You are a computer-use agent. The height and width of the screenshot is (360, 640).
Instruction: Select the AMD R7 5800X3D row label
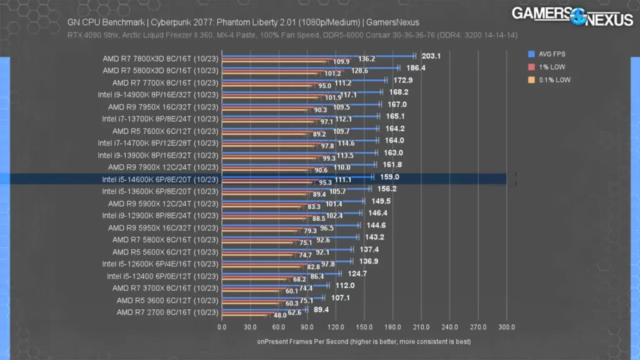[161, 70]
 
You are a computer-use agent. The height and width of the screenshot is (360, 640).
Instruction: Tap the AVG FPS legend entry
[552, 54]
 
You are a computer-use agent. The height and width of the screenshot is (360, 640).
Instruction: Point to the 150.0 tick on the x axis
[364, 327]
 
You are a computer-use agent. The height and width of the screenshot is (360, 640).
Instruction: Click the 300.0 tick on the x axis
[506, 327]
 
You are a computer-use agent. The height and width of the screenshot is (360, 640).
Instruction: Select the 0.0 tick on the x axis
[222, 327]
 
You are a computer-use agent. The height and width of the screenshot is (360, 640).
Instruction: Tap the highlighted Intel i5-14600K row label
[161, 179]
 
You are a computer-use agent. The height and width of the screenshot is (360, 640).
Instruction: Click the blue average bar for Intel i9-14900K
[300, 91]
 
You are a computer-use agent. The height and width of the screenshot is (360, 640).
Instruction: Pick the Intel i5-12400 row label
[162, 276]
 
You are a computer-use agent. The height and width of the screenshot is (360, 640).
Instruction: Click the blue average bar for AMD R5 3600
[272, 297]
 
